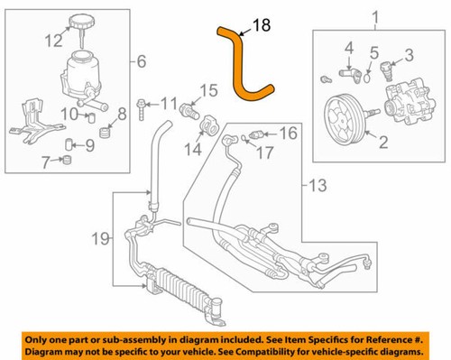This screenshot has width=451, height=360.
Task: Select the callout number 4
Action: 348,46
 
